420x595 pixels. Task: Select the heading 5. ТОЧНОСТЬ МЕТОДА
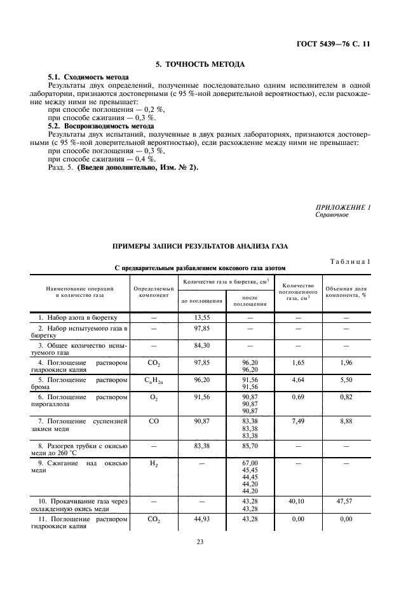pyautogui.click(x=200, y=64)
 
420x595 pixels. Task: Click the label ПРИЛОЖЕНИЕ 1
pyautogui.click(x=343, y=208)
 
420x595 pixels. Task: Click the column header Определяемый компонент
pyautogui.click(x=153, y=292)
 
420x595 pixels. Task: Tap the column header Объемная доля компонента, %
pyautogui.click(x=346, y=292)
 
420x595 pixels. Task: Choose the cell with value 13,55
pyautogui.click(x=201, y=317)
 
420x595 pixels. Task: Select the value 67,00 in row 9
pyautogui.click(x=250, y=463)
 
